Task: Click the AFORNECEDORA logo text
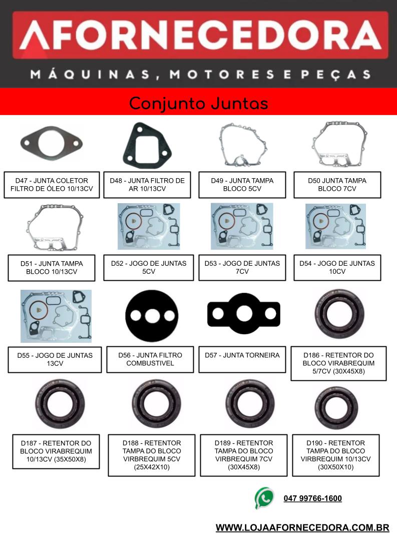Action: click(x=200, y=35)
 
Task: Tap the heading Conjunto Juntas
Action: click(x=198, y=104)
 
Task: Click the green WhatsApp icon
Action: click(x=264, y=497)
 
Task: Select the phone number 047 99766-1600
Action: click(x=313, y=498)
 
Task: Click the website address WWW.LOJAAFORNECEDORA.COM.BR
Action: click(x=302, y=527)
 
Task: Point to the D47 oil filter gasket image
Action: click(x=52, y=143)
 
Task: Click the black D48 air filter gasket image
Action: click(x=147, y=145)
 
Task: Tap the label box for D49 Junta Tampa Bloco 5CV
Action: click(x=242, y=185)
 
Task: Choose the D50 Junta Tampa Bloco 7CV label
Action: click(x=337, y=185)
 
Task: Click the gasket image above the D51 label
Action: click(x=55, y=228)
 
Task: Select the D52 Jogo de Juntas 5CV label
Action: click(x=149, y=267)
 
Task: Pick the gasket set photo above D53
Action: click(x=242, y=227)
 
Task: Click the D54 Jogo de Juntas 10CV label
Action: click(x=337, y=267)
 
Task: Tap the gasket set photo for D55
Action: click(x=56, y=316)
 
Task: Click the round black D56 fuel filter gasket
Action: click(x=152, y=316)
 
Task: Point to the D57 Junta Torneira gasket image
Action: click(x=244, y=313)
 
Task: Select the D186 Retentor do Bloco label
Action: click(x=338, y=363)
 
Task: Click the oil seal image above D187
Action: click(x=60, y=404)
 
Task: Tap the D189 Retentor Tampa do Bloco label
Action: click(x=244, y=455)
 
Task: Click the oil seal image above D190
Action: click(x=336, y=407)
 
